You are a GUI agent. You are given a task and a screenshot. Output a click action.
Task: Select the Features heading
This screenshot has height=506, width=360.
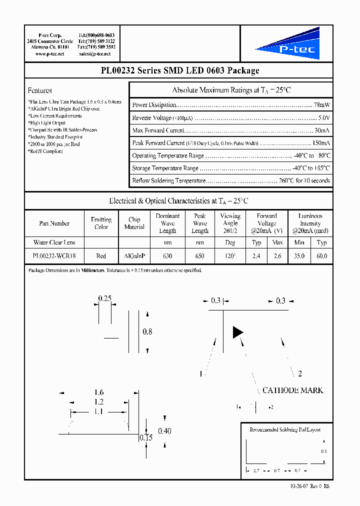40,90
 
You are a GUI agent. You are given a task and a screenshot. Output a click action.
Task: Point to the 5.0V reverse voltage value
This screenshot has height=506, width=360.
323,118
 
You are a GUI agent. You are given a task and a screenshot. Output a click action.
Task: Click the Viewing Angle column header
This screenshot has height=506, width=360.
230,223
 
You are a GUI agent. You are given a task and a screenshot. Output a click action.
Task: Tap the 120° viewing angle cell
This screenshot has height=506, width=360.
230,255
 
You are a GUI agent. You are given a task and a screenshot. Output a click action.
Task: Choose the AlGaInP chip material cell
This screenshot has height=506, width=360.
134,255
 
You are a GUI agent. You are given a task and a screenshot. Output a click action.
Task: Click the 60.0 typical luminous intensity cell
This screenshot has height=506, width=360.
321,255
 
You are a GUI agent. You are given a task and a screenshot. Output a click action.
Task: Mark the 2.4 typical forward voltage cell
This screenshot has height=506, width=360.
256,255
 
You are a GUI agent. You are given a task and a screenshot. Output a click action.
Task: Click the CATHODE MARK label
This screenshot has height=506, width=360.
292,390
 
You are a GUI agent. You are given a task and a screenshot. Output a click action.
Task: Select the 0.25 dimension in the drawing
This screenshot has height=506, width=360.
104,298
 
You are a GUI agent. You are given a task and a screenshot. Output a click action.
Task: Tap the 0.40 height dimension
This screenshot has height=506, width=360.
164,431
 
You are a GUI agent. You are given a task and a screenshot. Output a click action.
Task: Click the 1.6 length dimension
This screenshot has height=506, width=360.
99,393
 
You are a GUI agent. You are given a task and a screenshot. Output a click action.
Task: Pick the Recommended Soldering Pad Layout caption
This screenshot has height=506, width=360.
285,429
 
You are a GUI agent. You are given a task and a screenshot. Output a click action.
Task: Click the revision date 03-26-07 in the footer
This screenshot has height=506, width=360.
300,486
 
